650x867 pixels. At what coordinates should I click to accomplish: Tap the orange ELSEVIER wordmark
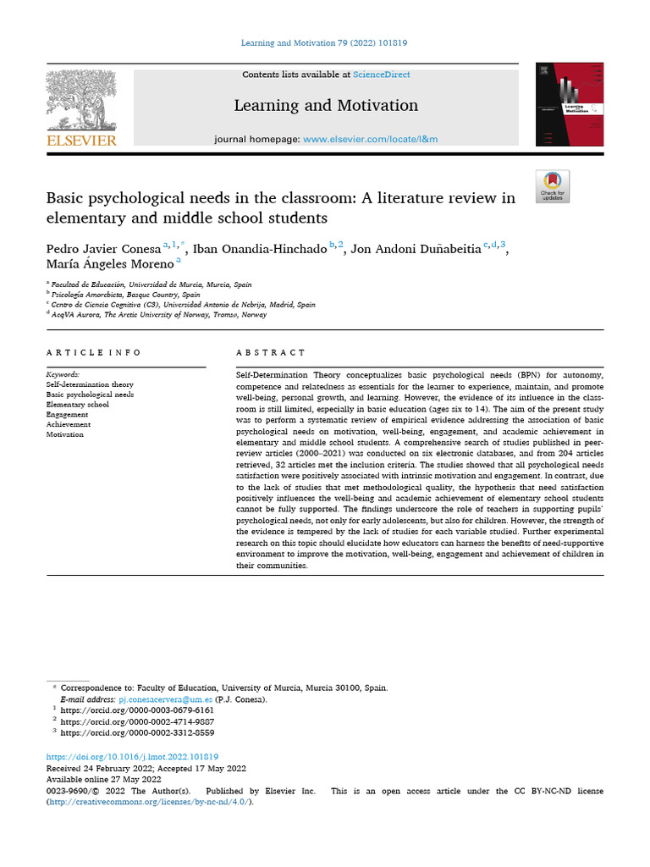point(80,141)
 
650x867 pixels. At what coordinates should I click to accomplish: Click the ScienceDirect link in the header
point(382,75)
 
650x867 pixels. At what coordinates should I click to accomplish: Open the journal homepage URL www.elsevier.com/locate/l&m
point(370,139)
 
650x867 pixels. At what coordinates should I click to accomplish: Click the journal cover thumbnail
point(570,103)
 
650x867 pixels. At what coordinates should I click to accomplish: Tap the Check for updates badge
point(553,186)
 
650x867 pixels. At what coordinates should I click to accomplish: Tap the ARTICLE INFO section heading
point(94,352)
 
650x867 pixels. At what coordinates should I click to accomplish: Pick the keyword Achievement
point(69,425)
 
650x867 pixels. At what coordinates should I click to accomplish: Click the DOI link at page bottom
point(132,757)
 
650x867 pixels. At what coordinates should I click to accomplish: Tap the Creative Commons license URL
point(149,802)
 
